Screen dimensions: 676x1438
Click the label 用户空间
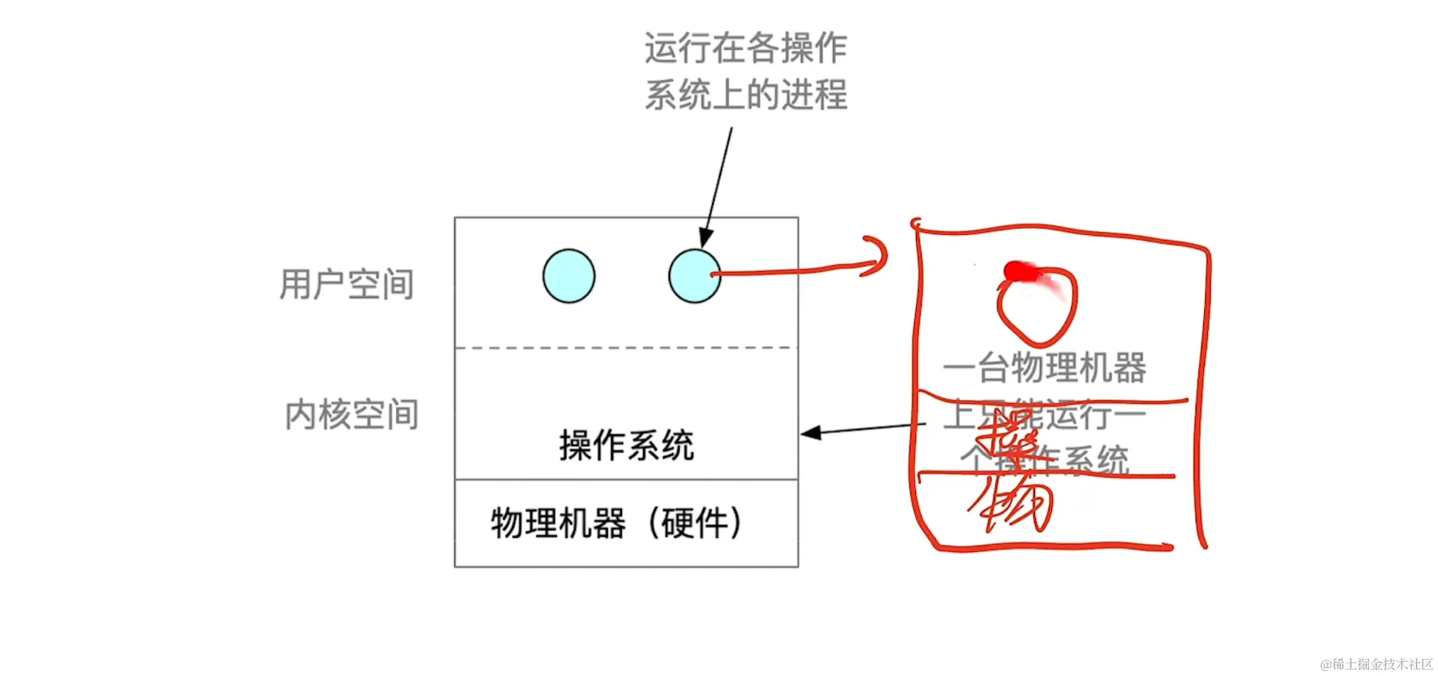coord(346,285)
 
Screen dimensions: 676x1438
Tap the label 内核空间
coord(351,415)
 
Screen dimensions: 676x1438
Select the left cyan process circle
coord(569,276)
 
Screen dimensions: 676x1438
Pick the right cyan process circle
coord(694,276)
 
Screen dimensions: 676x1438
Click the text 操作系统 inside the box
coord(626,445)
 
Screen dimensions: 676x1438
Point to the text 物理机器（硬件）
coord(616,524)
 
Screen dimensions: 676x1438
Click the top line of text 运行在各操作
coord(745,48)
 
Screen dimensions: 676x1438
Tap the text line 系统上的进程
coord(745,94)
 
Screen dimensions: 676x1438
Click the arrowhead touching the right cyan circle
coord(706,238)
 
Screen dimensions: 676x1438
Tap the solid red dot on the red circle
coord(1016,271)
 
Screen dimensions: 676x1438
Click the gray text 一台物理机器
coord(1044,368)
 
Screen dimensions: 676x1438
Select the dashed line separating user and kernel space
coord(626,348)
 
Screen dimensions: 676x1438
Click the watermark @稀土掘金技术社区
coord(1376,664)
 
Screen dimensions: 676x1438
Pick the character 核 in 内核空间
coord(335,415)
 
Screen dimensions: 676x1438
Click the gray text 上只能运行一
coord(1044,415)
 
